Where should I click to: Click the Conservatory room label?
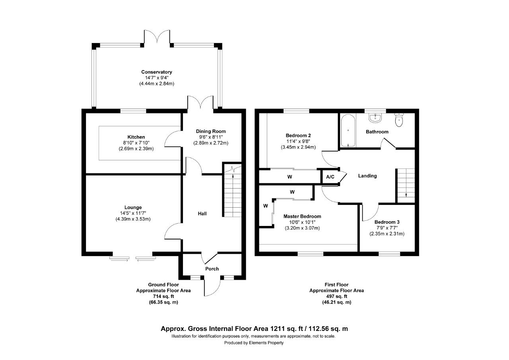point(157,72)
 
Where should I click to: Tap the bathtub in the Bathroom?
point(348,130)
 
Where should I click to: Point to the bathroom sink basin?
point(375,118)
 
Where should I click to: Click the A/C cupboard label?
point(330,177)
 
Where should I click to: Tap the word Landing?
point(367,176)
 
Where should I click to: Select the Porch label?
point(212,269)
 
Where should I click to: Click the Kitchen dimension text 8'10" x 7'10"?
point(136,143)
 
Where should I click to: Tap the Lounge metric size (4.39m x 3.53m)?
point(133,219)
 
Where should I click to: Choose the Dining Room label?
point(211,131)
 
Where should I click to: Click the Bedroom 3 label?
point(387,222)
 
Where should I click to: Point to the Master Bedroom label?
point(302,216)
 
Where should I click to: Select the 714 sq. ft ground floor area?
point(163,296)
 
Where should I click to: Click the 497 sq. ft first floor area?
point(336,296)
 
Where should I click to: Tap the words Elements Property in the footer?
point(266,343)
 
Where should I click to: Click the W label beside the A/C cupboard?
point(289,177)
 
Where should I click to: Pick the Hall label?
point(202,213)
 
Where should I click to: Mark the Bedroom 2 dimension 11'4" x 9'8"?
point(298,141)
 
